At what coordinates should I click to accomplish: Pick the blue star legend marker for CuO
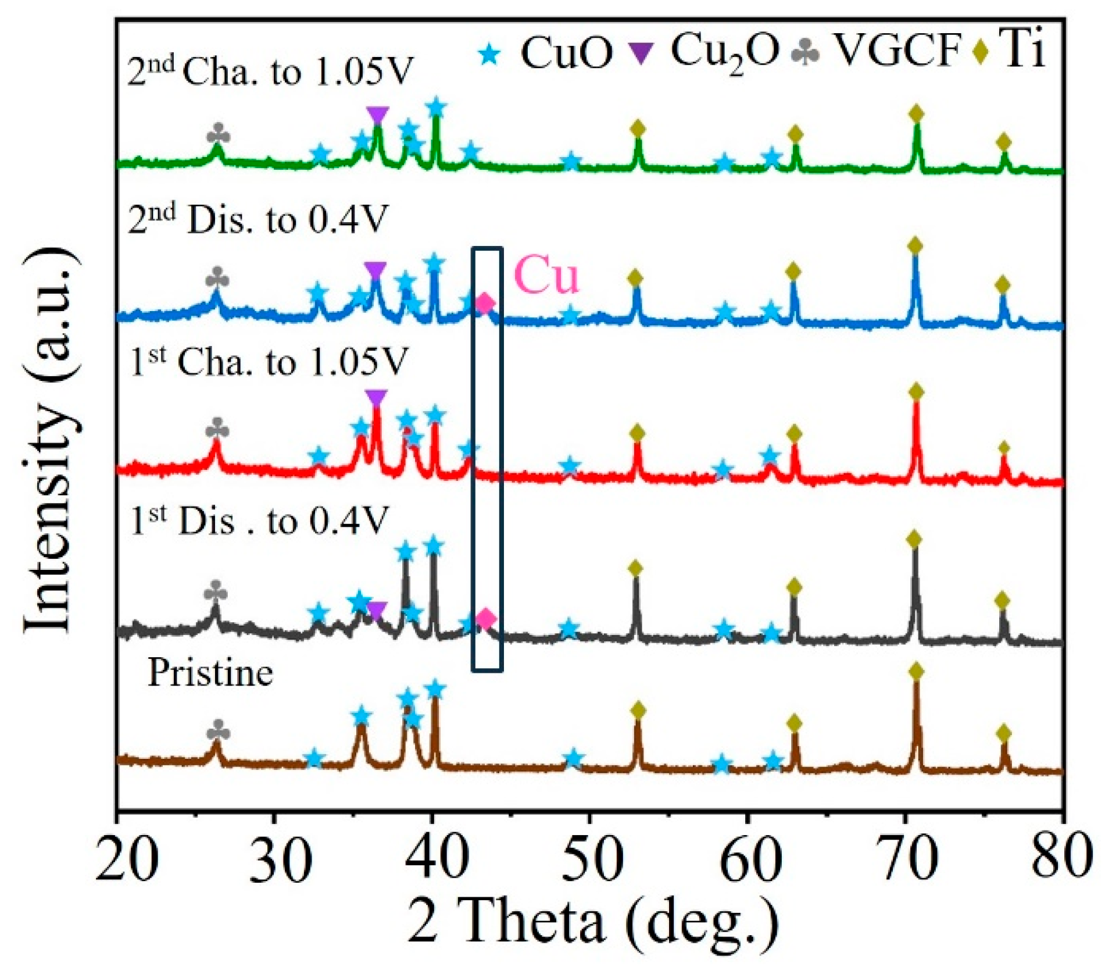click(x=490, y=55)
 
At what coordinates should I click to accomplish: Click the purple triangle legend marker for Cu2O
click(x=642, y=54)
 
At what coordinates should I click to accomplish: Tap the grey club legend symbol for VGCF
click(x=806, y=54)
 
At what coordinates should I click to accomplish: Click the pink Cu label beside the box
click(x=546, y=275)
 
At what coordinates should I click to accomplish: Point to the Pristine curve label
click(x=210, y=673)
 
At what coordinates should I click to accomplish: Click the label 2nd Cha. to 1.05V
click(x=269, y=72)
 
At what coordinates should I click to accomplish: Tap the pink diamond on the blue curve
click(x=485, y=303)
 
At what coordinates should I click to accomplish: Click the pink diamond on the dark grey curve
click(x=486, y=619)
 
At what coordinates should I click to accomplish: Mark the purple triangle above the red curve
click(x=377, y=398)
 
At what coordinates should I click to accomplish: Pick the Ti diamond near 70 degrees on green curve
click(x=916, y=113)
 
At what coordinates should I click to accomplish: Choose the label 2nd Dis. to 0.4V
click(x=258, y=220)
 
